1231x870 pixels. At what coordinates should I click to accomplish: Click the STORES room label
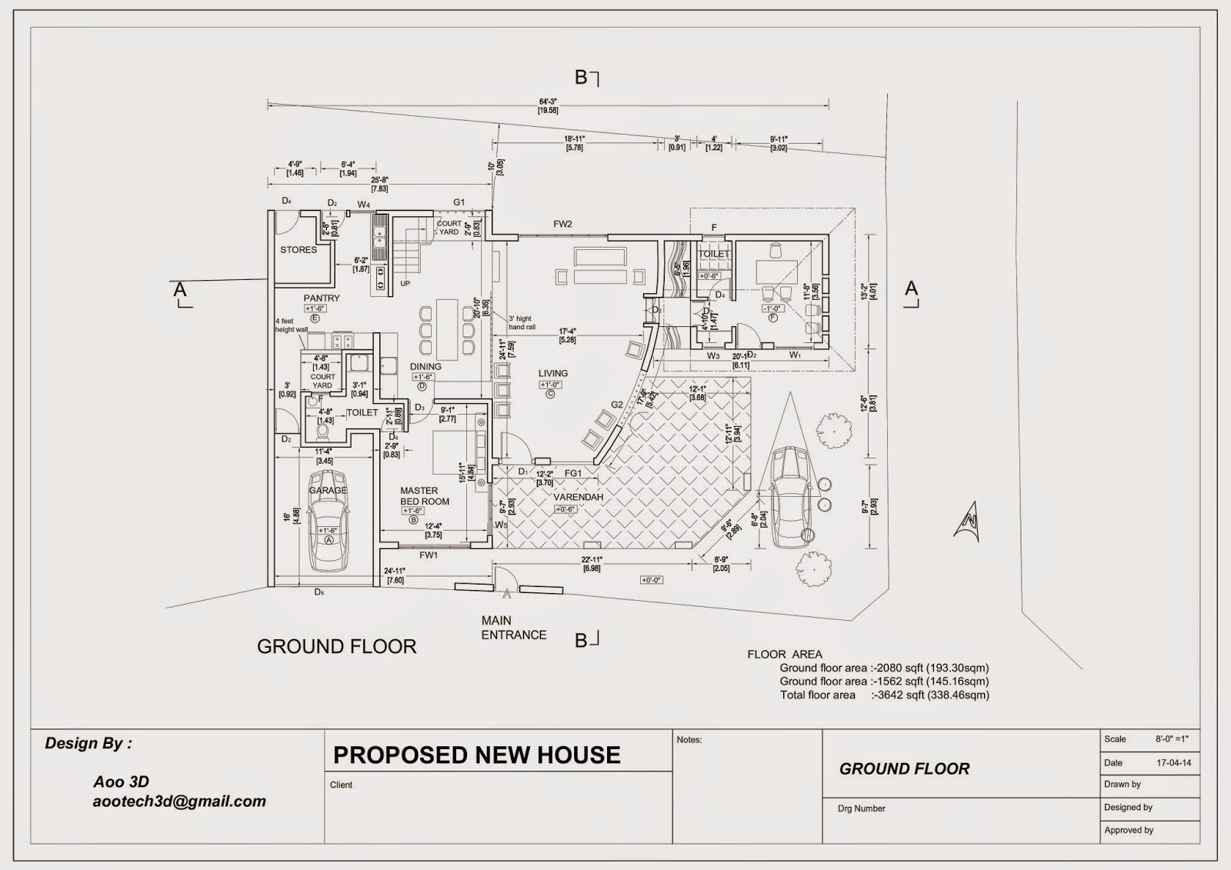click(x=299, y=250)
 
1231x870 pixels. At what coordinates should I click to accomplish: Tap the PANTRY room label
click(x=322, y=298)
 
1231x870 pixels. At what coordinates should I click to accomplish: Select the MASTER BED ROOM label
click(x=424, y=496)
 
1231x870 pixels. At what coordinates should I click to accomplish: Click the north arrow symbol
click(x=967, y=523)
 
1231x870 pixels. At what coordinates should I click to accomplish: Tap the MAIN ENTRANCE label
click(x=513, y=628)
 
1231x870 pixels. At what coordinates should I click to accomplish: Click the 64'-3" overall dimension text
click(x=547, y=102)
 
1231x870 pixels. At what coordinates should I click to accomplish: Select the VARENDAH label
click(x=579, y=498)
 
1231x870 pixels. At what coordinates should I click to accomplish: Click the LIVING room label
click(x=552, y=373)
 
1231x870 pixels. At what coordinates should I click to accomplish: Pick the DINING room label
click(x=425, y=367)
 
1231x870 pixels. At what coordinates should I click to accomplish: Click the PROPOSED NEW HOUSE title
click(x=476, y=755)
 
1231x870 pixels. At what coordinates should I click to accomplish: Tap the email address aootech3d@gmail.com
click(x=179, y=802)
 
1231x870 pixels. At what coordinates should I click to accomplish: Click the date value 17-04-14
click(x=1173, y=764)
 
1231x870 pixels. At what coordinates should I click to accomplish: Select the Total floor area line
click(x=884, y=695)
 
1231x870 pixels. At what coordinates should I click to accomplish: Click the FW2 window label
click(x=562, y=225)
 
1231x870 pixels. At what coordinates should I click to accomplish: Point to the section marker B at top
click(x=582, y=77)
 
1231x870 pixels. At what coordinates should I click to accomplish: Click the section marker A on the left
click(x=179, y=290)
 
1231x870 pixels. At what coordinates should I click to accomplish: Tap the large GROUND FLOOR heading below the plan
click(x=336, y=647)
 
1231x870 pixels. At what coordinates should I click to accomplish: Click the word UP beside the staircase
click(x=405, y=284)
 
